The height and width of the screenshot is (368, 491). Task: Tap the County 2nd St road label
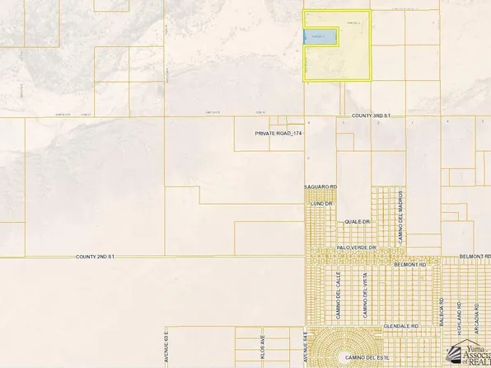pyautogui.click(x=95, y=257)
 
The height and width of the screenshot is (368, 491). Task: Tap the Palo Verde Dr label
pyautogui.click(x=356, y=248)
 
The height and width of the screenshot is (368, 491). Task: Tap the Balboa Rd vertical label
pyautogui.click(x=442, y=314)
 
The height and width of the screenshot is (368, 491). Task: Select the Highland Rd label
pyautogui.click(x=460, y=318)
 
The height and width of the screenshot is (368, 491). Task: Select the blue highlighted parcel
pyautogui.click(x=320, y=36)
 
